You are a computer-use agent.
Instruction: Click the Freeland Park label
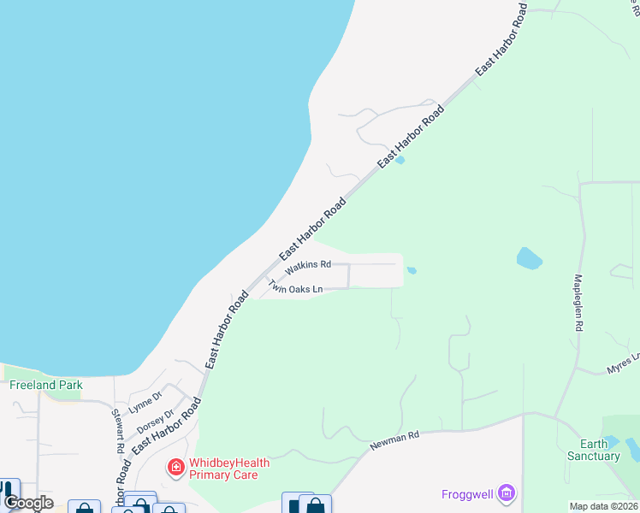(46, 385)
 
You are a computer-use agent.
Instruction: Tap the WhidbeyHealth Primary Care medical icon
(176, 468)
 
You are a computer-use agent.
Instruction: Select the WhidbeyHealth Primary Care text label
(228, 469)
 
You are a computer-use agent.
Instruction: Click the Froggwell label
(470, 493)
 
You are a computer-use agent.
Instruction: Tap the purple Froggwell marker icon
(507, 492)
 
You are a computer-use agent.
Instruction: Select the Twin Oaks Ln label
(295, 287)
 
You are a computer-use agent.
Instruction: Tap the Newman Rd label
(394, 441)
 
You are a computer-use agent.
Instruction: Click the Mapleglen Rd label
(578, 303)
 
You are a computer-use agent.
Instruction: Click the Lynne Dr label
(145, 403)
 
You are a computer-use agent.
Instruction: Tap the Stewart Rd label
(117, 431)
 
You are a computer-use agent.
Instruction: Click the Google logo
(27, 503)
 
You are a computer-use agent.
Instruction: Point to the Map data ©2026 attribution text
(604, 506)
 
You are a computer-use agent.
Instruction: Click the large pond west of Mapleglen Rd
(530, 258)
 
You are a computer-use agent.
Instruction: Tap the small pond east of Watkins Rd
(412, 271)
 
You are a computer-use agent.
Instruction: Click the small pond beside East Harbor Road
(400, 159)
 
